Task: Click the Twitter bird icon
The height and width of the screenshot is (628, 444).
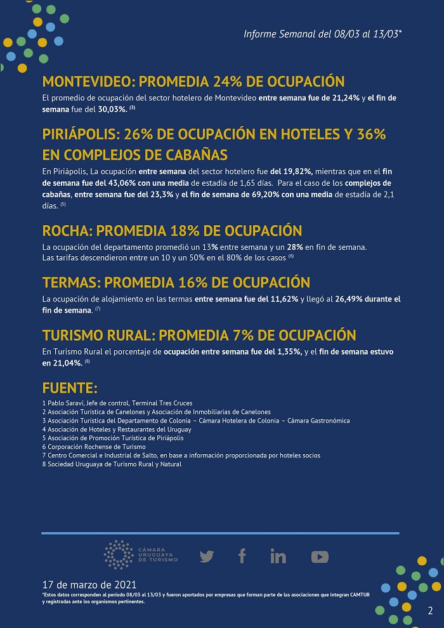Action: (x=207, y=556)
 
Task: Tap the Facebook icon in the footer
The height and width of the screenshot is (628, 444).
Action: (x=242, y=556)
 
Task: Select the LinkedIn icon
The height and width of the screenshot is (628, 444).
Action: (x=278, y=556)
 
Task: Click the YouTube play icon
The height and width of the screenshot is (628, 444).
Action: (x=320, y=556)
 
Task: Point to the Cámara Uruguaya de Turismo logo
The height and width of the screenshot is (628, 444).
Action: (x=141, y=555)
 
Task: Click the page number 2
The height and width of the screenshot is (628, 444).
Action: (x=431, y=611)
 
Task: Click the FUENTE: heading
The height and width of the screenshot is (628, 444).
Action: (x=70, y=388)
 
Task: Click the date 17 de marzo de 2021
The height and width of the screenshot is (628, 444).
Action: (x=88, y=584)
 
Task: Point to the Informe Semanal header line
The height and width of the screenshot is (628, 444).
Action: (x=322, y=34)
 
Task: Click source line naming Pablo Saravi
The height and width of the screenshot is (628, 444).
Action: (x=117, y=403)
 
